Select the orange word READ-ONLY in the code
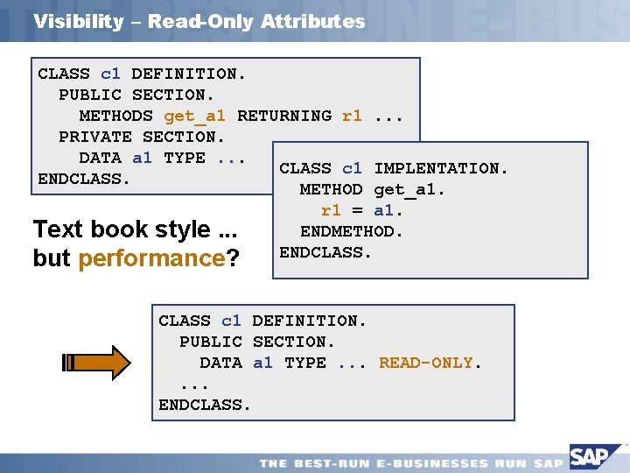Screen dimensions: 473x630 tap(427, 363)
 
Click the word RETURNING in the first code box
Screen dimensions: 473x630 tap(284, 116)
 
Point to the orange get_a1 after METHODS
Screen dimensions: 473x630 tap(194, 116)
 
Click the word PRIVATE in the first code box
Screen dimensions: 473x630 tap(95, 137)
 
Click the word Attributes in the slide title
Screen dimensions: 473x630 tap(312, 22)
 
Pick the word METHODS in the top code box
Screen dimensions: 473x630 tap(116, 116)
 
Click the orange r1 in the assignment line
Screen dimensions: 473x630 tap(332, 210)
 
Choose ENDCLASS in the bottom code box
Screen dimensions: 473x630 tap(204, 405)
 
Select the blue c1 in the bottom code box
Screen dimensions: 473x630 tap(231, 321)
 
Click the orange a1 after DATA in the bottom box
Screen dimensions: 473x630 tap(262, 363)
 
